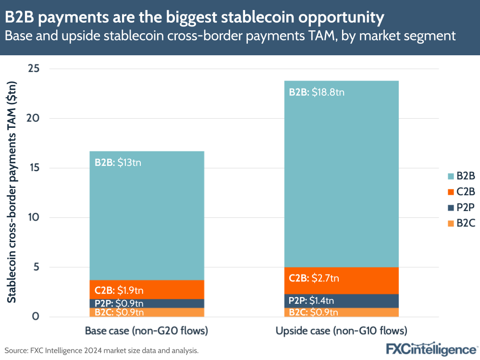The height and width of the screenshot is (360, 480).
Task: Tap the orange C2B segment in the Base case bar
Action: [147, 290]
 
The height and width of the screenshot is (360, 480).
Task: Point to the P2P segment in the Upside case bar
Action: [341, 301]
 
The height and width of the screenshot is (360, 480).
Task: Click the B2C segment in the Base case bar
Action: [147, 312]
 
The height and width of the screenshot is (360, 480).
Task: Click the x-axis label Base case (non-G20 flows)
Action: [147, 331]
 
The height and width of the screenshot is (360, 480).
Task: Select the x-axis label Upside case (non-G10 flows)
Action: [341, 331]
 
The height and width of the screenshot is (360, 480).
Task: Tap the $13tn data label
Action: [130, 162]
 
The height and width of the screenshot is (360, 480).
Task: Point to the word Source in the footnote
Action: [16, 350]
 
